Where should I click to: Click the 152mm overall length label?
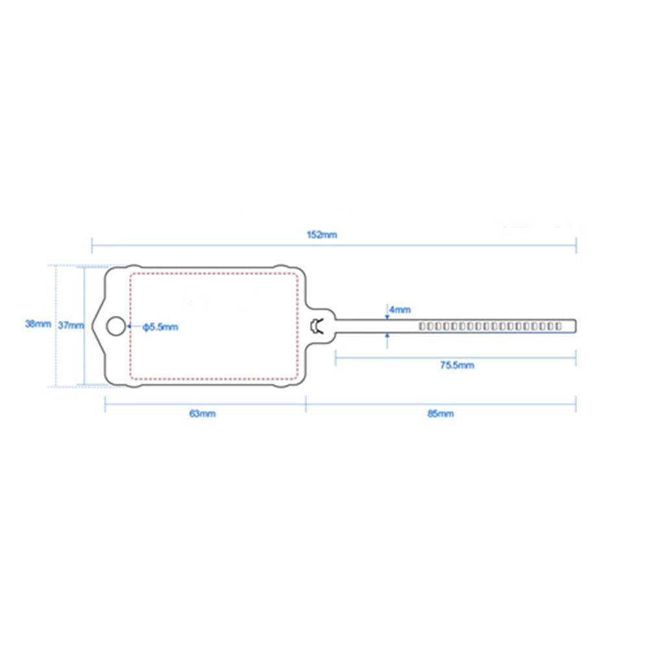click(x=322, y=235)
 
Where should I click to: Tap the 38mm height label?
click(x=38, y=324)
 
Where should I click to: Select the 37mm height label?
click(x=71, y=325)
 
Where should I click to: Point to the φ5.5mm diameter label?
click(x=160, y=327)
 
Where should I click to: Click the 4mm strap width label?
click(x=400, y=310)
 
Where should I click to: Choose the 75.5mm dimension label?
click(x=457, y=365)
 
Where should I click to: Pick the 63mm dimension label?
click(x=202, y=413)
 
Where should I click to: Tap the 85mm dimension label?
click(x=441, y=413)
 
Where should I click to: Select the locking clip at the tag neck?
click(x=317, y=326)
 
